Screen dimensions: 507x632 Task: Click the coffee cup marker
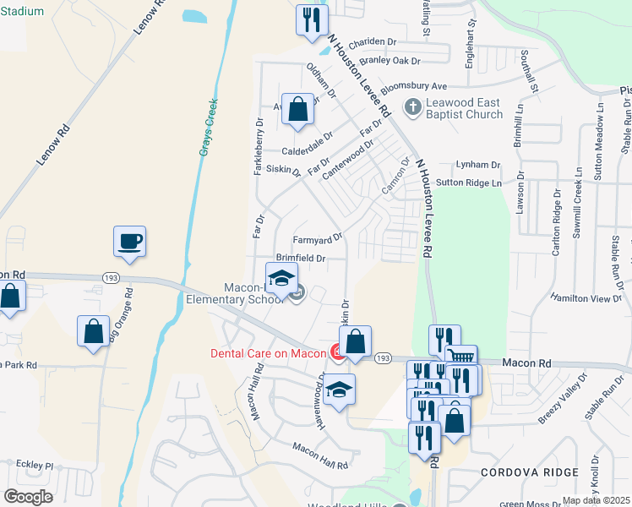click(129, 242)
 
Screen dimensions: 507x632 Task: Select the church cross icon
click(412, 106)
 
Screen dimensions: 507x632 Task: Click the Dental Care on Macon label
click(268, 353)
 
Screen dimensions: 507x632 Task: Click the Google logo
click(27, 497)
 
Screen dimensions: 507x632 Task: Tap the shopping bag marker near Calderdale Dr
click(297, 109)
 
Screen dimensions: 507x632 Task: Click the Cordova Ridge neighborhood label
click(530, 472)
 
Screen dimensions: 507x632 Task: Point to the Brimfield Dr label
click(301, 257)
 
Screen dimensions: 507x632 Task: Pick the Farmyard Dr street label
click(317, 238)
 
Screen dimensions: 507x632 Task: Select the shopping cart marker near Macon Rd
click(460, 359)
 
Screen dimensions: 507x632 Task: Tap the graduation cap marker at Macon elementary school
click(282, 278)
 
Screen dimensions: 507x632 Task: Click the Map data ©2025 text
click(597, 500)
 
